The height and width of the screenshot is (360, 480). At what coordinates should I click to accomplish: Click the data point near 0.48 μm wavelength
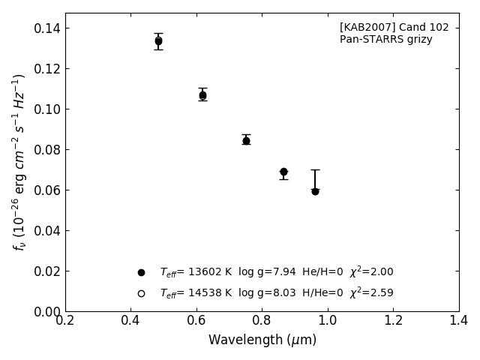(x=158, y=41)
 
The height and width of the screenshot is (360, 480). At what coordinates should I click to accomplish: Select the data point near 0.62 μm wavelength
(x=202, y=95)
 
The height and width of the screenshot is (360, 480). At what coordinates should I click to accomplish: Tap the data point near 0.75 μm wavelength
(x=246, y=140)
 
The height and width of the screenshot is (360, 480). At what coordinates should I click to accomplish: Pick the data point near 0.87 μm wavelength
(x=283, y=172)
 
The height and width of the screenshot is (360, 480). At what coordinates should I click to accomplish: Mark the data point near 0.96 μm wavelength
(x=315, y=191)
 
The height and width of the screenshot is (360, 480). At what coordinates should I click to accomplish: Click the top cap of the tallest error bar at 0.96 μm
(x=315, y=169)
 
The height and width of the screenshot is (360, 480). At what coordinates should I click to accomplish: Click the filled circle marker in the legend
(x=141, y=272)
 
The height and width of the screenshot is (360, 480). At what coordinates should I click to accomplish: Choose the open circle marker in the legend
(x=141, y=293)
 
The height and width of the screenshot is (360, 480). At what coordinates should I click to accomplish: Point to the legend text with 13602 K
(x=276, y=272)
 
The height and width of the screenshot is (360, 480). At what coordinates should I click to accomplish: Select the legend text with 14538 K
(x=276, y=293)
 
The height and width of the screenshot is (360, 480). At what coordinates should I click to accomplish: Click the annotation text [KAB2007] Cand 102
(x=394, y=28)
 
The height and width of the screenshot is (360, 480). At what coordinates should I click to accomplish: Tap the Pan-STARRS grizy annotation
(x=385, y=40)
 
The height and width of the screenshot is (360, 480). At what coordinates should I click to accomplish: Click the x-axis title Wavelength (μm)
(x=262, y=340)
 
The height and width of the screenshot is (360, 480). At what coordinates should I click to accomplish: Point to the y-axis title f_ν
(x=19, y=161)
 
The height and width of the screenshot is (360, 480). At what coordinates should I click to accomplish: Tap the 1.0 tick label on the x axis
(x=328, y=321)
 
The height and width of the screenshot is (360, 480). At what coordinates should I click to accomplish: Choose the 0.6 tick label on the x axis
(x=196, y=321)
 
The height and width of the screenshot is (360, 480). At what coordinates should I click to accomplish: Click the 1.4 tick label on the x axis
(x=458, y=321)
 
